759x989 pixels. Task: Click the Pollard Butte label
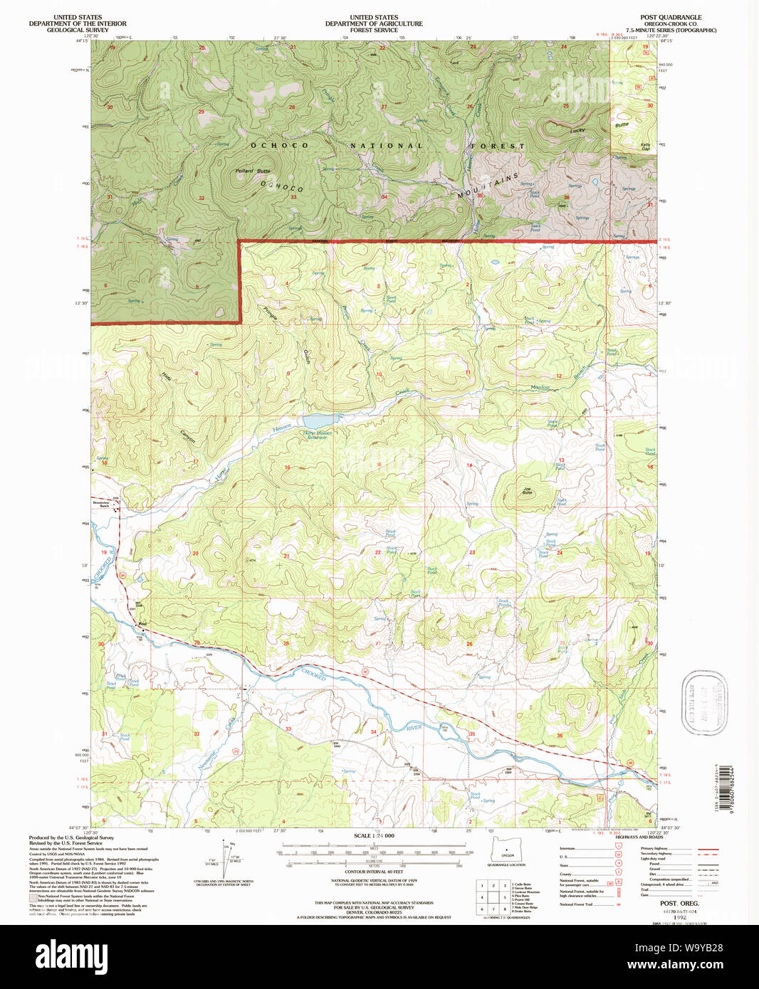253,171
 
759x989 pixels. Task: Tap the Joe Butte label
527,490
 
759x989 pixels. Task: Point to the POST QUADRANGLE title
670,17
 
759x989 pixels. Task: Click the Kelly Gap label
645,146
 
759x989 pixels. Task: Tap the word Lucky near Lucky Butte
577,130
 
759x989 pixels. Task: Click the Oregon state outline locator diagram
506,848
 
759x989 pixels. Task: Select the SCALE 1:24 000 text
374,835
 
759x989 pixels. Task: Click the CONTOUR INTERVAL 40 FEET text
374,872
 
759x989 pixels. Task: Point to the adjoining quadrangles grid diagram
493,897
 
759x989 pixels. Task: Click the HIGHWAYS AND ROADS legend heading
639,837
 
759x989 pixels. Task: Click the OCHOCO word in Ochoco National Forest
279,145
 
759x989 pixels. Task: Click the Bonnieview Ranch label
104,502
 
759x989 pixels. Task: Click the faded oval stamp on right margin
704,701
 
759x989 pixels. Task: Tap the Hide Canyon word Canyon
187,436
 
